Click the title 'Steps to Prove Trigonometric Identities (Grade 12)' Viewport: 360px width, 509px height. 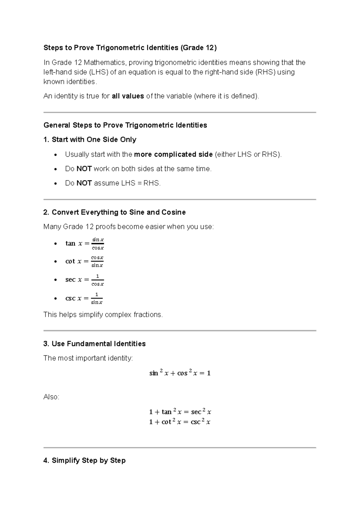point(130,48)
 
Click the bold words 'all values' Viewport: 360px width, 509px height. point(128,96)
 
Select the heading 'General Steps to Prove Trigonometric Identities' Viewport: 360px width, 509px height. point(125,125)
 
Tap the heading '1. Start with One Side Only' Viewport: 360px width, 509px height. point(90,140)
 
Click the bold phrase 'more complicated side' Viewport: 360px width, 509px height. point(173,155)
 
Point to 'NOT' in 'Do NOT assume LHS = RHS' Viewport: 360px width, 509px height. point(84,183)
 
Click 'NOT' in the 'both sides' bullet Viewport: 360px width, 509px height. point(84,169)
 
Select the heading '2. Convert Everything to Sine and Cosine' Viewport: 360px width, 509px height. point(114,212)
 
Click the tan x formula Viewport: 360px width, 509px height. point(85,243)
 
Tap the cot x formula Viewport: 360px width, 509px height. point(84,261)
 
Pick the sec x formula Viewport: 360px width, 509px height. point(85,280)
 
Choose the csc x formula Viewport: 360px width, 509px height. point(84,298)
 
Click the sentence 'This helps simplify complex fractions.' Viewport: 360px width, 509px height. point(103,315)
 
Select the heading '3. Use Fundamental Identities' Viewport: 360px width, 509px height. point(94,344)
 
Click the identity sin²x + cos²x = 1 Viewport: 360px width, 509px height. point(180,373)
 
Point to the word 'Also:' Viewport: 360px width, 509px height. point(51,397)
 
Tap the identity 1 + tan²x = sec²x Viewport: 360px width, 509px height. point(180,412)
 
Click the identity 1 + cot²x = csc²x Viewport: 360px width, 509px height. point(180,422)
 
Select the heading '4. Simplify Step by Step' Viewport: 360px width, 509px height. point(84,460)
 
